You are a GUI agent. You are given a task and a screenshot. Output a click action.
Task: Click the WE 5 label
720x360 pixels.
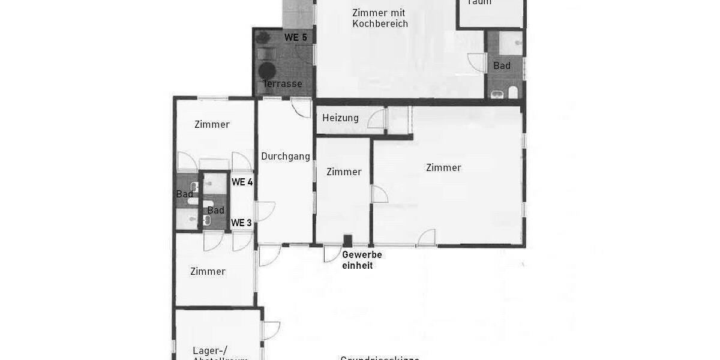click(x=296, y=37)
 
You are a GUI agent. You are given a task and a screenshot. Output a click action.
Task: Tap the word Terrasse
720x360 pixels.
click(x=282, y=83)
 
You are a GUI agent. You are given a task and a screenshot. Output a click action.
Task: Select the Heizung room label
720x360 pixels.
click(x=340, y=118)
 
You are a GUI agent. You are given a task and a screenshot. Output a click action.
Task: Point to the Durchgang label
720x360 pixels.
click(x=286, y=157)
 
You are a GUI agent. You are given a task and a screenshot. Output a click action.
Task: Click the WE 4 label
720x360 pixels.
click(x=242, y=182)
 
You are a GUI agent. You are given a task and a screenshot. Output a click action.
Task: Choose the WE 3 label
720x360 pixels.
click(x=241, y=223)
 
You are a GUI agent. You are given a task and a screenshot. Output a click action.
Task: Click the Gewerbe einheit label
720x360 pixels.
click(x=362, y=259)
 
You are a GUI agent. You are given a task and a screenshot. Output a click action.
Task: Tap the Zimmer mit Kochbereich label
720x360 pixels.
click(x=379, y=18)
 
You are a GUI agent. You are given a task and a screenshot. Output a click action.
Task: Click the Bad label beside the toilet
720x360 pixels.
click(x=502, y=65)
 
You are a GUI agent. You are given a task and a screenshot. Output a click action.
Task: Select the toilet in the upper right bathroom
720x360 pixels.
click(x=513, y=92)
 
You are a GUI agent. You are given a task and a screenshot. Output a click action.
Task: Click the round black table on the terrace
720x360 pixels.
click(x=268, y=68)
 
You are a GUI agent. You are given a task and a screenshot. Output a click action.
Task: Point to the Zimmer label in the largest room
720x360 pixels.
click(x=443, y=167)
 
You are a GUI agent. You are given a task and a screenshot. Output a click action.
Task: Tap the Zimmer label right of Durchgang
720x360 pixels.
click(x=344, y=172)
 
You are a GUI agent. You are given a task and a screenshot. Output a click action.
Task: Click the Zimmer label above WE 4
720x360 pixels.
click(x=212, y=124)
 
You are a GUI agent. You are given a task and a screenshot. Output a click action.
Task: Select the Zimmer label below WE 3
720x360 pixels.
click(x=208, y=271)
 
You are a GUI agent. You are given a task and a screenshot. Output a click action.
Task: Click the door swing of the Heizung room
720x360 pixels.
click(x=376, y=119)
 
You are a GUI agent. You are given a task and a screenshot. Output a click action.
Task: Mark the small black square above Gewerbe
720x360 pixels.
click(x=347, y=241)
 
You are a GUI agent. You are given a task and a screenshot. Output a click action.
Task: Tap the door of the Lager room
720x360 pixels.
click(x=271, y=331)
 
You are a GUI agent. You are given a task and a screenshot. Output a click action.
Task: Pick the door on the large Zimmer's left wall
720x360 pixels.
click(x=379, y=194)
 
